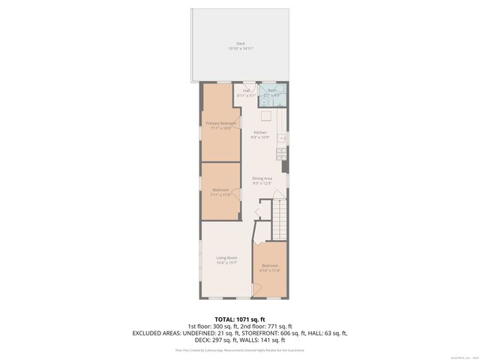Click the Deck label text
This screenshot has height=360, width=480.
(x=241, y=43)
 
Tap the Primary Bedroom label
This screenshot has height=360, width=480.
(x=221, y=123)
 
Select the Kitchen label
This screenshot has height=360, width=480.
(x=259, y=133)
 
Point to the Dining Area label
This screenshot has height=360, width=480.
(x=262, y=178)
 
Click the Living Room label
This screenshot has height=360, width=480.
(x=226, y=258)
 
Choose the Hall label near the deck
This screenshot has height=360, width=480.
(x=247, y=91)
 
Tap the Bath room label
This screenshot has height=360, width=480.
(x=272, y=91)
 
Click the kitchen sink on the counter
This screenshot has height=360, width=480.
(x=283, y=139)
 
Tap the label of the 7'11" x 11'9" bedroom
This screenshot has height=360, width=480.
(x=220, y=190)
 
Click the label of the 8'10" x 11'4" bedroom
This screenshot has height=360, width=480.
(x=270, y=265)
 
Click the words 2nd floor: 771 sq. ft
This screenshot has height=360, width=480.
(x=268, y=326)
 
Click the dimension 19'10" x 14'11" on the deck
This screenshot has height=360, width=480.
(x=241, y=49)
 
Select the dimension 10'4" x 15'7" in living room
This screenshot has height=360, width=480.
(x=226, y=263)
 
